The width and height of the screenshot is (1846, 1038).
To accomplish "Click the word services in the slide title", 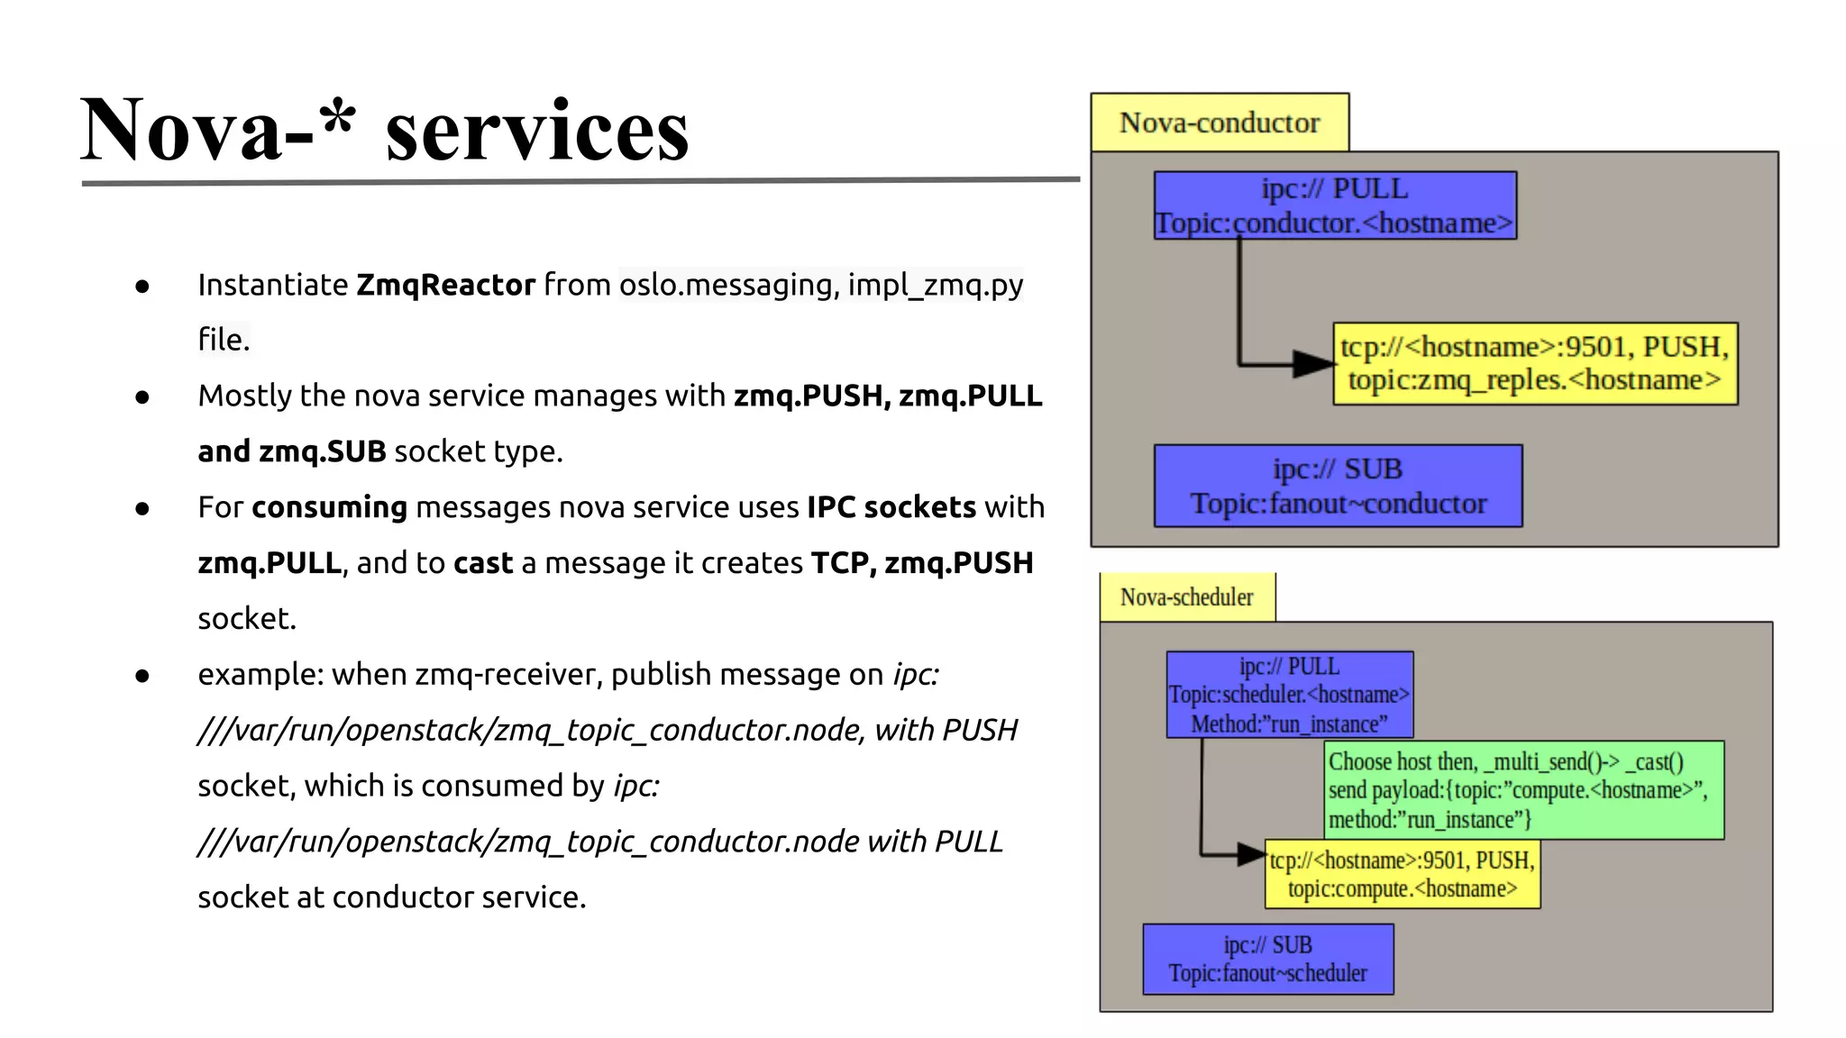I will tap(537, 132).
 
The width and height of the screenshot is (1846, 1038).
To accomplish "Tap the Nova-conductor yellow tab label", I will tap(1219, 123).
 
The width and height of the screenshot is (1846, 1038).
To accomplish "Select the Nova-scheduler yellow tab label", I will tap(1186, 597).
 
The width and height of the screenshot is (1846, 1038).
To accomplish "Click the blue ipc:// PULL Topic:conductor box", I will tap(1334, 205).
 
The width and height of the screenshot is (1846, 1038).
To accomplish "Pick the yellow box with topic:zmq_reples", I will tap(1534, 363).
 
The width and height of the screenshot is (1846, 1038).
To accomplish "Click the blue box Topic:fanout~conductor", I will tap(1338, 486).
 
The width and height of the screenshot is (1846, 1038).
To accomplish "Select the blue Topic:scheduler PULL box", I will tap(1289, 695).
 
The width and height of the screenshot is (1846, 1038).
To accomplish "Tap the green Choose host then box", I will tap(1523, 789).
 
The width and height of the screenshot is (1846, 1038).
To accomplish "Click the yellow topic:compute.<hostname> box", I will tap(1403, 874).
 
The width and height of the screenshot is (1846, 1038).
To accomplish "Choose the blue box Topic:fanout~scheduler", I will tap(1267, 960).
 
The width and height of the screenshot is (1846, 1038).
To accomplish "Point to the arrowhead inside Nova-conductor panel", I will tap(1312, 364).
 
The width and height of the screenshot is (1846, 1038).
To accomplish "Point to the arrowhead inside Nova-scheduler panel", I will tap(1251, 853).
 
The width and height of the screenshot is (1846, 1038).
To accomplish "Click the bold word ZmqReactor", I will tap(445, 285).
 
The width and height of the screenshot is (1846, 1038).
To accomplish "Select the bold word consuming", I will tap(329, 507).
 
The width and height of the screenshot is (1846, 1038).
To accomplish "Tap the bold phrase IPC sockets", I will tap(891, 507).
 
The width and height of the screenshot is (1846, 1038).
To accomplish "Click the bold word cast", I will tap(482, 563).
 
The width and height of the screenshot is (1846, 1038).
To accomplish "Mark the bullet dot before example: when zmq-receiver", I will tap(142, 676).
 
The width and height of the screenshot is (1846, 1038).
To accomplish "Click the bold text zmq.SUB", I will tap(322, 451).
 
